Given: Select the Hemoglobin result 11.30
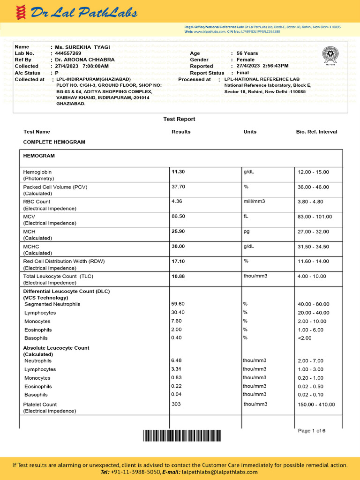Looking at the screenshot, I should click(179, 172).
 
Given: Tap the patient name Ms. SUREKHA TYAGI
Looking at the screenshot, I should click(82, 47).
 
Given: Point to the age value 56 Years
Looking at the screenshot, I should click(247, 53).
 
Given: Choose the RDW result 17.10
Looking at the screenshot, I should click(179, 262).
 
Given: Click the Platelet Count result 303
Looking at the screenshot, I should click(176, 404).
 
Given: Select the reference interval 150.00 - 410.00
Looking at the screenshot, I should click(316, 405).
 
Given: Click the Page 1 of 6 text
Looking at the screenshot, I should click(312, 431).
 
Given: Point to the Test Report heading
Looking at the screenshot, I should click(179, 119).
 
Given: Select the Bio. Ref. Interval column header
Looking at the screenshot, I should click(316, 132).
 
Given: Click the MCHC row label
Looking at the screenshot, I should click(31, 247).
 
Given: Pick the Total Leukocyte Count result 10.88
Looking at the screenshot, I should click(179, 277).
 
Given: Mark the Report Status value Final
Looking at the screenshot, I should click(243, 73).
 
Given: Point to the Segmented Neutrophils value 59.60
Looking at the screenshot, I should click(178, 304).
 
